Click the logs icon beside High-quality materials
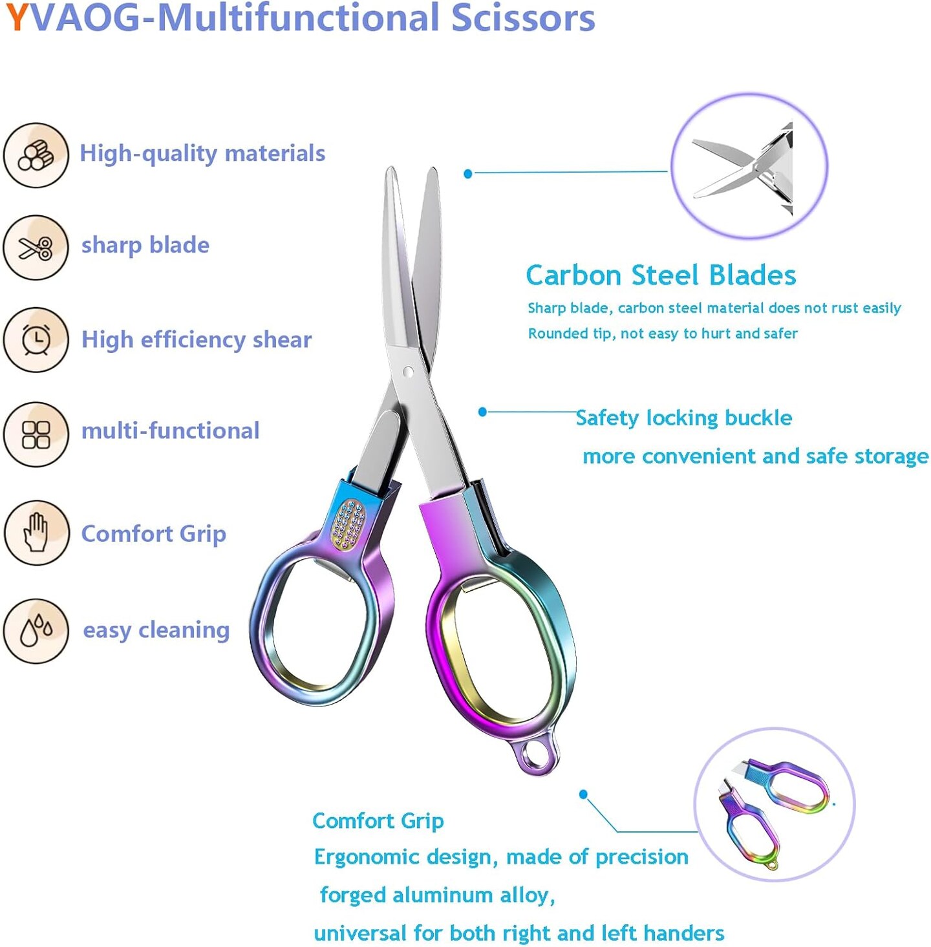point(36,155)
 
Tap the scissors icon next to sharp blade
point(36,248)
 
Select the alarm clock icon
point(36,339)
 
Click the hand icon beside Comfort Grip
point(36,533)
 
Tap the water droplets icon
point(36,630)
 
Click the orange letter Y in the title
point(16,17)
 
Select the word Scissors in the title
point(522,17)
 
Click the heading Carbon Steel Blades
point(661,275)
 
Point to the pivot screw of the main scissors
point(407,372)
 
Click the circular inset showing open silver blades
point(749,165)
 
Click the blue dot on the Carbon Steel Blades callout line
point(468,173)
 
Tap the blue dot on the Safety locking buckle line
point(482,412)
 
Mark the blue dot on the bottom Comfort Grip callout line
point(583,794)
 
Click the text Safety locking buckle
point(683,418)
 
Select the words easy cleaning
point(156,630)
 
